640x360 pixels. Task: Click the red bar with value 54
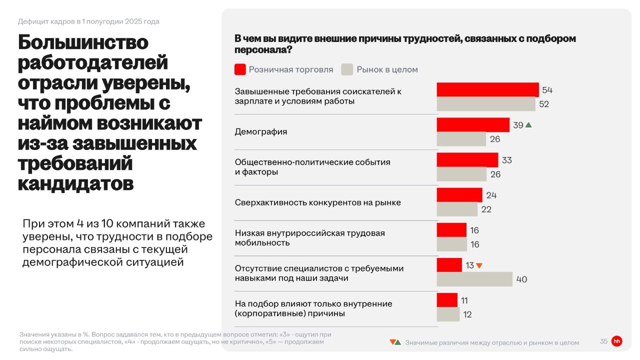487,90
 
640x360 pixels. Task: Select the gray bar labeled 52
486,104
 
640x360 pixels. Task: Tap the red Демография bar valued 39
473,125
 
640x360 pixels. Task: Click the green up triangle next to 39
528,125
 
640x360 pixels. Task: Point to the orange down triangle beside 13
479,266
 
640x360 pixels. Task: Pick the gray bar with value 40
474,279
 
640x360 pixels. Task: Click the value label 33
507,160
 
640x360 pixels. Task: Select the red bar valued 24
459,195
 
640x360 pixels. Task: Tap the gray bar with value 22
457,209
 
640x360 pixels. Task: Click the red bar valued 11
447,300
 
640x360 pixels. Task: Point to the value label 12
467,314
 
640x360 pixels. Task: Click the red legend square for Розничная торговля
240,69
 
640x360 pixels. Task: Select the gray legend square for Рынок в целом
347,69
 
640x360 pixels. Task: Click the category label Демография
261,132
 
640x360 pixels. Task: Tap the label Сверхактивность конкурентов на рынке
318,202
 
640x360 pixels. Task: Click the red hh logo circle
617,341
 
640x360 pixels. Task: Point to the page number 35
603,341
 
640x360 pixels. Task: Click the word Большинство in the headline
83,42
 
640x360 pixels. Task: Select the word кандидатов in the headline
75,183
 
